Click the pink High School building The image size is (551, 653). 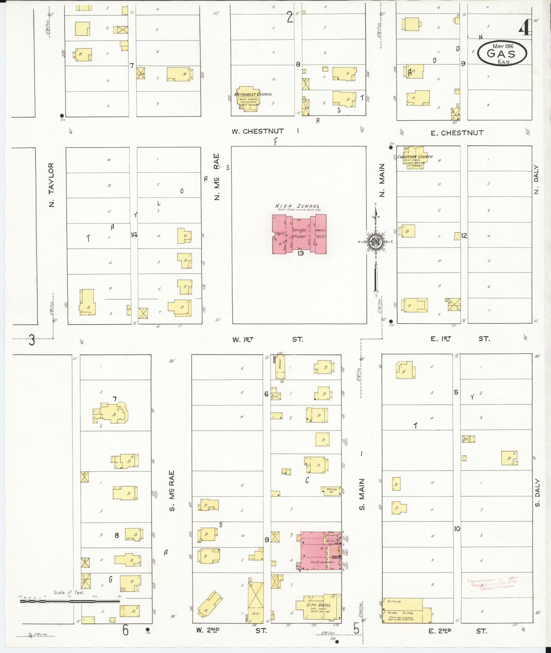(x=299, y=234)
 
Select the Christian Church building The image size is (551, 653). (x=414, y=158)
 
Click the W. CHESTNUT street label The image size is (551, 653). (x=258, y=131)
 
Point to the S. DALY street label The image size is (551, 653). (x=537, y=493)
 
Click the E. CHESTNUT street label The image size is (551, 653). (x=457, y=133)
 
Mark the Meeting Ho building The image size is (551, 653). (x=331, y=491)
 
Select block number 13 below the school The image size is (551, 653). (x=301, y=253)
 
